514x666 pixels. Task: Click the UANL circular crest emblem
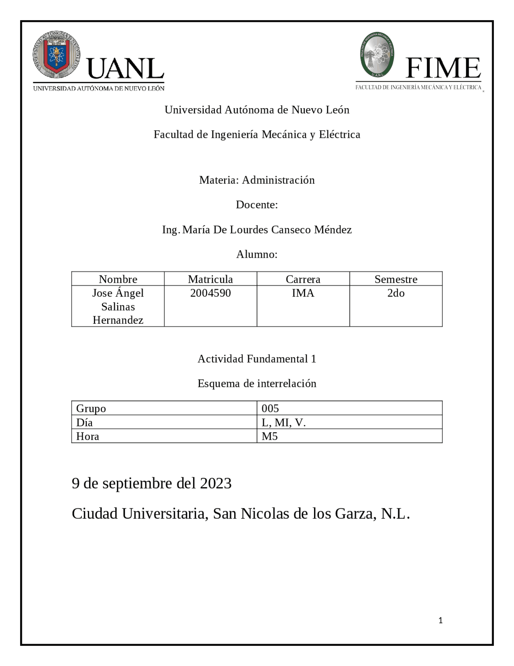coord(56,55)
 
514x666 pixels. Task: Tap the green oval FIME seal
coord(377,55)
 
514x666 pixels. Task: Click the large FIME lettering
coord(443,68)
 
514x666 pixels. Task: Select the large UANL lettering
coord(125,69)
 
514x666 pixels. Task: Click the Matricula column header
coord(210,279)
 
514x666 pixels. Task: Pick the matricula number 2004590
coord(210,293)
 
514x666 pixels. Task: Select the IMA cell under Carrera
coord(303,293)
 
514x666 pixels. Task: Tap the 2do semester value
coord(396,293)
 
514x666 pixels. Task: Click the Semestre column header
coord(396,279)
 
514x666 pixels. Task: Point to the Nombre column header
coord(118,279)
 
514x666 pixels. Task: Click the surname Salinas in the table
coord(118,306)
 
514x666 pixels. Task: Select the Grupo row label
coord(91,408)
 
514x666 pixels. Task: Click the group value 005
coord(270,408)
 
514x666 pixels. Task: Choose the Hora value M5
coord(270,436)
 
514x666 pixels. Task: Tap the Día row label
coord(84,422)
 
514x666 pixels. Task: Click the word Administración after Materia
coord(278,180)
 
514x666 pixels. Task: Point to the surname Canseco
coord(291,230)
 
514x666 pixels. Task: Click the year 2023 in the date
coord(216,483)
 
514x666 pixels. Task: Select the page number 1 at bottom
coord(441,621)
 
